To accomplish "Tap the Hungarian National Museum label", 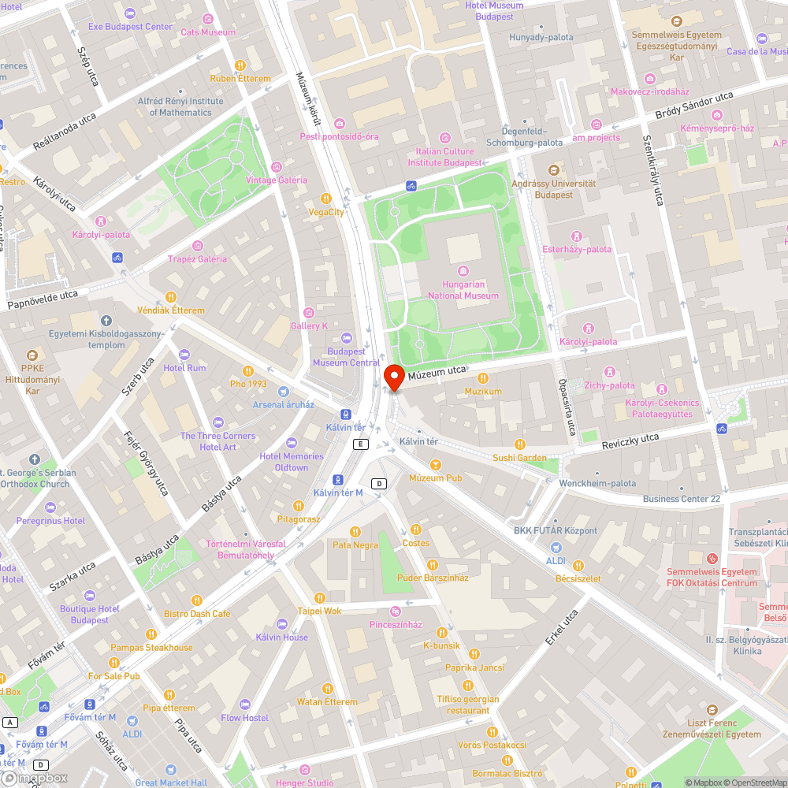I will click(x=463, y=289).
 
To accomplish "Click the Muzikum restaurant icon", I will click(x=483, y=378).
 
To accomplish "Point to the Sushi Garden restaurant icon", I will click(x=519, y=444).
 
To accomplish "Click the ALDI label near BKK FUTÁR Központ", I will click(x=556, y=560).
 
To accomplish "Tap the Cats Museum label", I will click(x=208, y=32).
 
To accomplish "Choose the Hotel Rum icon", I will click(x=184, y=355).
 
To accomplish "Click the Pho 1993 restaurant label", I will click(x=248, y=384).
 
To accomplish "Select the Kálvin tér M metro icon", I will click(x=337, y=479).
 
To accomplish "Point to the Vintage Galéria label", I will click(x=276, y=180).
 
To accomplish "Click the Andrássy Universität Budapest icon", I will click(x=553, y=169).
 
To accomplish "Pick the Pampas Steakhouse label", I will click(x=151, y=648).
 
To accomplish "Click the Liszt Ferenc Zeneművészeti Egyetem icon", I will click(x=713, y=710).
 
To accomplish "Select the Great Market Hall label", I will click(x=171, y=782).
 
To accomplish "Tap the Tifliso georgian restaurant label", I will click(x=468, y=704).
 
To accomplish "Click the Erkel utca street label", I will click(x=561, y=627).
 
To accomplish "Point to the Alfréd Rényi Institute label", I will click(x=180, y=106).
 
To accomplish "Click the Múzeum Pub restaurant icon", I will click(x=436, y=464).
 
